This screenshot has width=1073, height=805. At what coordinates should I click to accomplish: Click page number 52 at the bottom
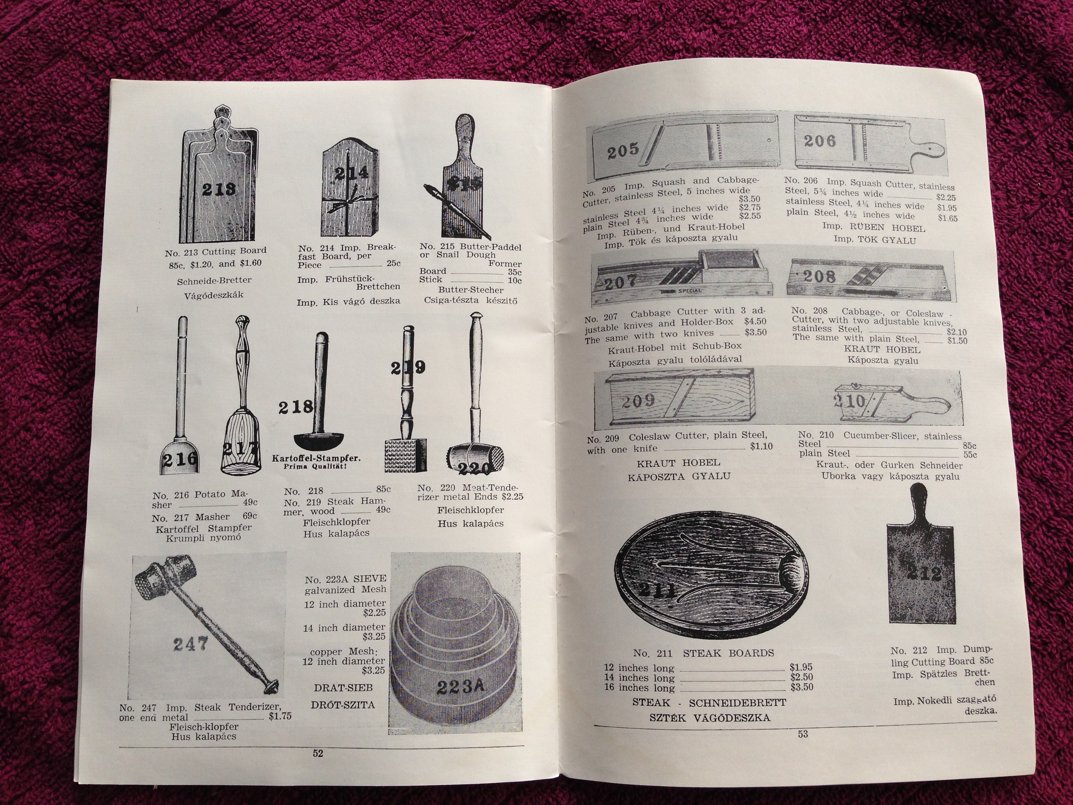tap(318, 754)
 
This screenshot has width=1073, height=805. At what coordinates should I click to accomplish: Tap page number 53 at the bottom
tap(803, 734)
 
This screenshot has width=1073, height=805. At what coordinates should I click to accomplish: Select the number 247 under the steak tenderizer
tap(191, 645)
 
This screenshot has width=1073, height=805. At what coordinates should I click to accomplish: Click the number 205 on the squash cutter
tap(623, 150)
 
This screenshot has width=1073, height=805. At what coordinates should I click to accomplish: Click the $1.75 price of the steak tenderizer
tap(280, 716)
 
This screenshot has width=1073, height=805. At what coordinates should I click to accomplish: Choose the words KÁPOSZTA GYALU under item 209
tap(679, 476)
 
